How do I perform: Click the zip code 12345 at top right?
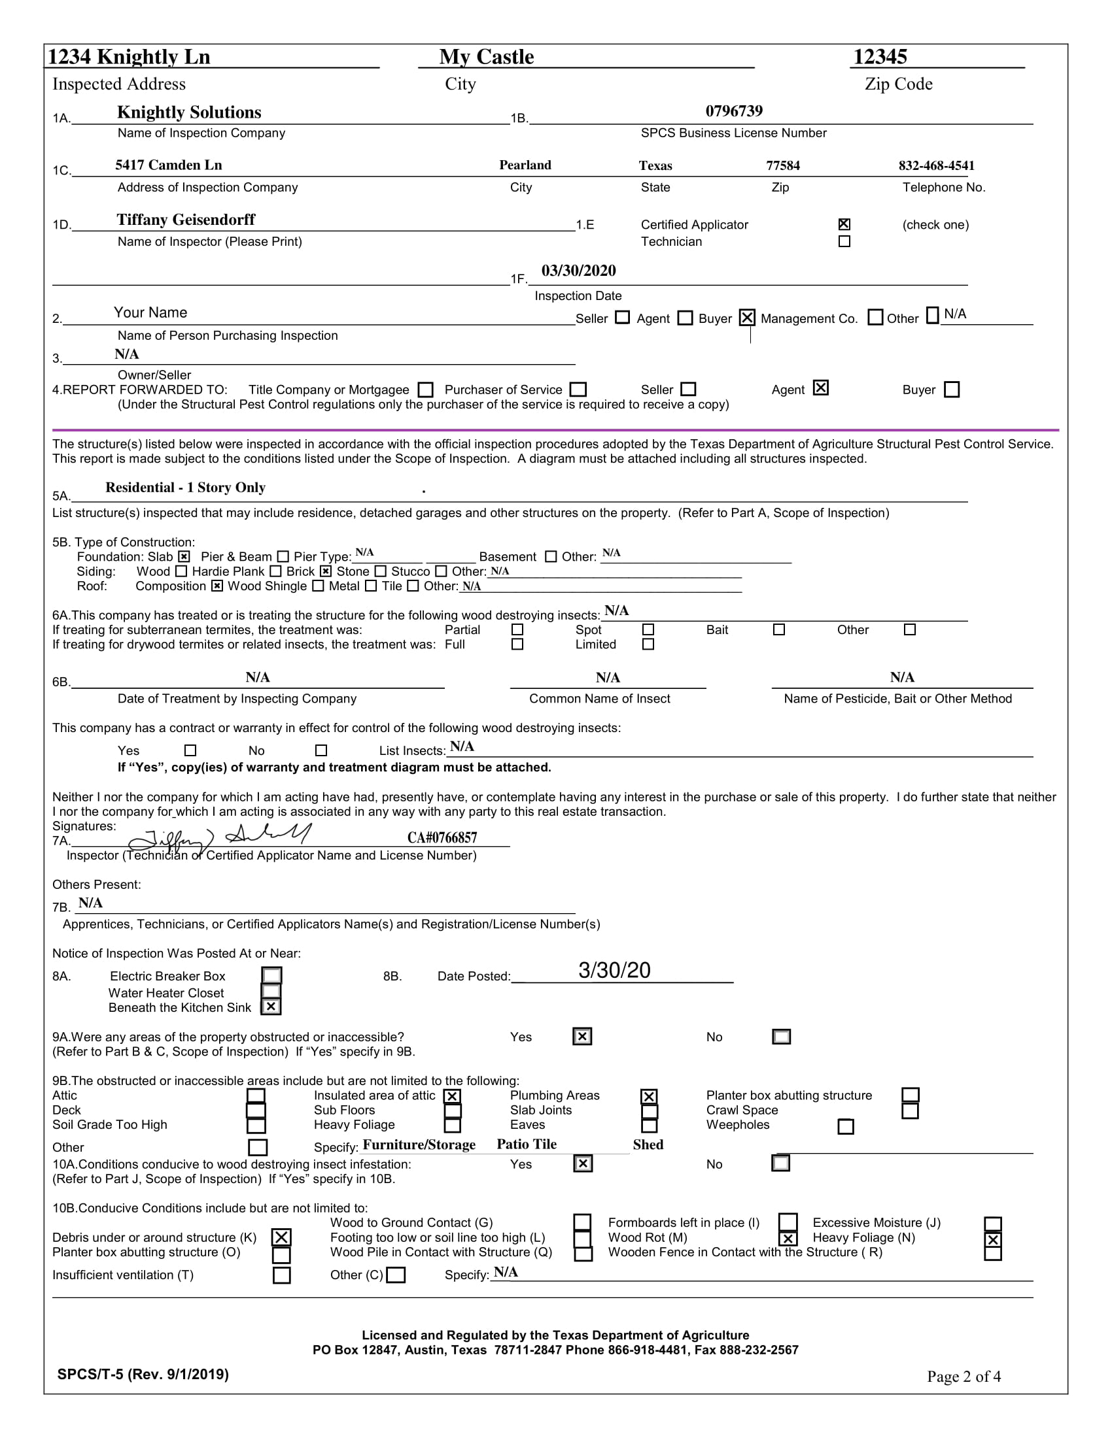pyautogui.click(x=879, y=58)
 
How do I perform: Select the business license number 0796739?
pyautogui.click(x=734, y=111)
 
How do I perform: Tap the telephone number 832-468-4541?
pyautogui.click(x=936, y=165)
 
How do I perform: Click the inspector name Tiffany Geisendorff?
pyautogui.click(x=186, y=220)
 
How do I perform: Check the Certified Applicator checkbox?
pyautogui.click(x=844, y=224)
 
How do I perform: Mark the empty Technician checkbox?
pyautogui.click(x=844, y=242)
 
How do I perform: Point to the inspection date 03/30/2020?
pyautogui.click(x=578, y=271)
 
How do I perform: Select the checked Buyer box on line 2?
pyautogui.click(x=746, y=318)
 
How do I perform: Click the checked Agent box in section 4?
pyautogui.click(x=820, y=388)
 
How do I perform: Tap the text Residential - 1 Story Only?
pyautogui.click(x=185, y=488)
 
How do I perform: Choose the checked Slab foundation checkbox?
pyautogui.click(x=184, y=557)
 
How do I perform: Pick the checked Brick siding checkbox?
pyautogui.click(x=326, y=571)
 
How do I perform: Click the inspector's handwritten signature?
pyautogui.click(x=217, y=837)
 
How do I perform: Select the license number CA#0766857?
pyautogui.click(x=442, y=837)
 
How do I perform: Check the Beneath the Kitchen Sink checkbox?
pyautogui.click(x=271, y=1007)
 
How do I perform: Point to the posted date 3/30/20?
pyautogui.click(x=614, y=971)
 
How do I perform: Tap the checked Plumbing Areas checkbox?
pyautogui.click(x=648, y=1096)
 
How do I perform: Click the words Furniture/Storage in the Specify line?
pyautogui.click(x=419, y=1145)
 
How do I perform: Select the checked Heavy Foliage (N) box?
pyautogui.click(x=993, y=1240)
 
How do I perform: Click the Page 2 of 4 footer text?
pyautogui.click(x=963, y=1377)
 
